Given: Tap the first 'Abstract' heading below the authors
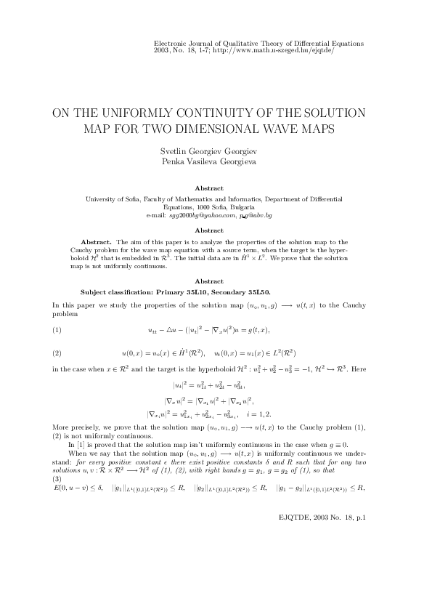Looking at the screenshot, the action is click(215, 188).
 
